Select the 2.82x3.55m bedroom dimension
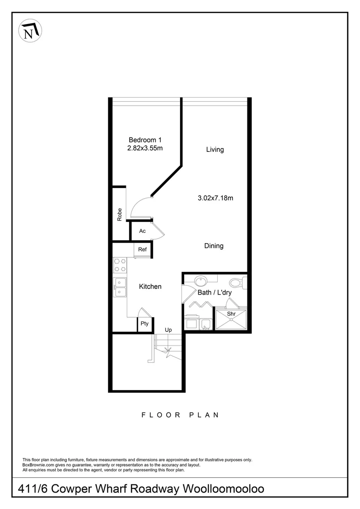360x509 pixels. (145, 148)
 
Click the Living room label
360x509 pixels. (215, 150)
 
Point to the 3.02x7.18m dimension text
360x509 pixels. (215, 198)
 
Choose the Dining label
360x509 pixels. (214, 246)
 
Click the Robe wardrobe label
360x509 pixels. (120, 215)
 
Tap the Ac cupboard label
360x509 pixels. (142, 231)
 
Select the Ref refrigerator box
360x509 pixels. (142, 250)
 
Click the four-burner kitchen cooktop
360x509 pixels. (120, 265)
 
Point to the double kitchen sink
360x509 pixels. (120, 287)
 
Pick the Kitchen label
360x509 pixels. (150, 287)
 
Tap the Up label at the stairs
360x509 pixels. (168, 330)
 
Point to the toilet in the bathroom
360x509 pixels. (237, 283)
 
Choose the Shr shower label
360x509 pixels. (231, 314)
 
